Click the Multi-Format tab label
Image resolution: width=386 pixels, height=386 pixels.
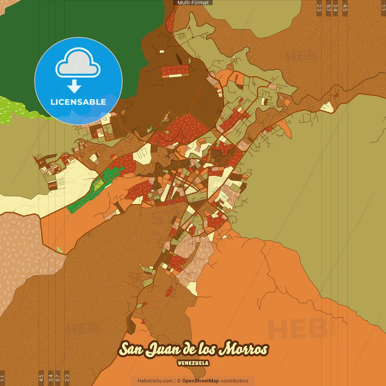[193, 3]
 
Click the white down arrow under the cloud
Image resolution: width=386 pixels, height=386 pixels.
[74, 87]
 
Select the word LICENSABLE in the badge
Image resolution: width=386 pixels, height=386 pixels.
[78, 102]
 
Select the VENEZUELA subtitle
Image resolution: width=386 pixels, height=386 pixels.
[193, 363]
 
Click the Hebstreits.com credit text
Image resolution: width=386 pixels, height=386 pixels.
[155, 381]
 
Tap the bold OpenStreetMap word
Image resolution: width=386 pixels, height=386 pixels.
[201, 381]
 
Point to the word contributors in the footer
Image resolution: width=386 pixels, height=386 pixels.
[234, 381]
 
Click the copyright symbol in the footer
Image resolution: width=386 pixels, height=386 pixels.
[179, 381]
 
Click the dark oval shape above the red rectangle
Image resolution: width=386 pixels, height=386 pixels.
[178, 59]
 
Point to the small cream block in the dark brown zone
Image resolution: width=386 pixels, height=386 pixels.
[162, 52]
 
